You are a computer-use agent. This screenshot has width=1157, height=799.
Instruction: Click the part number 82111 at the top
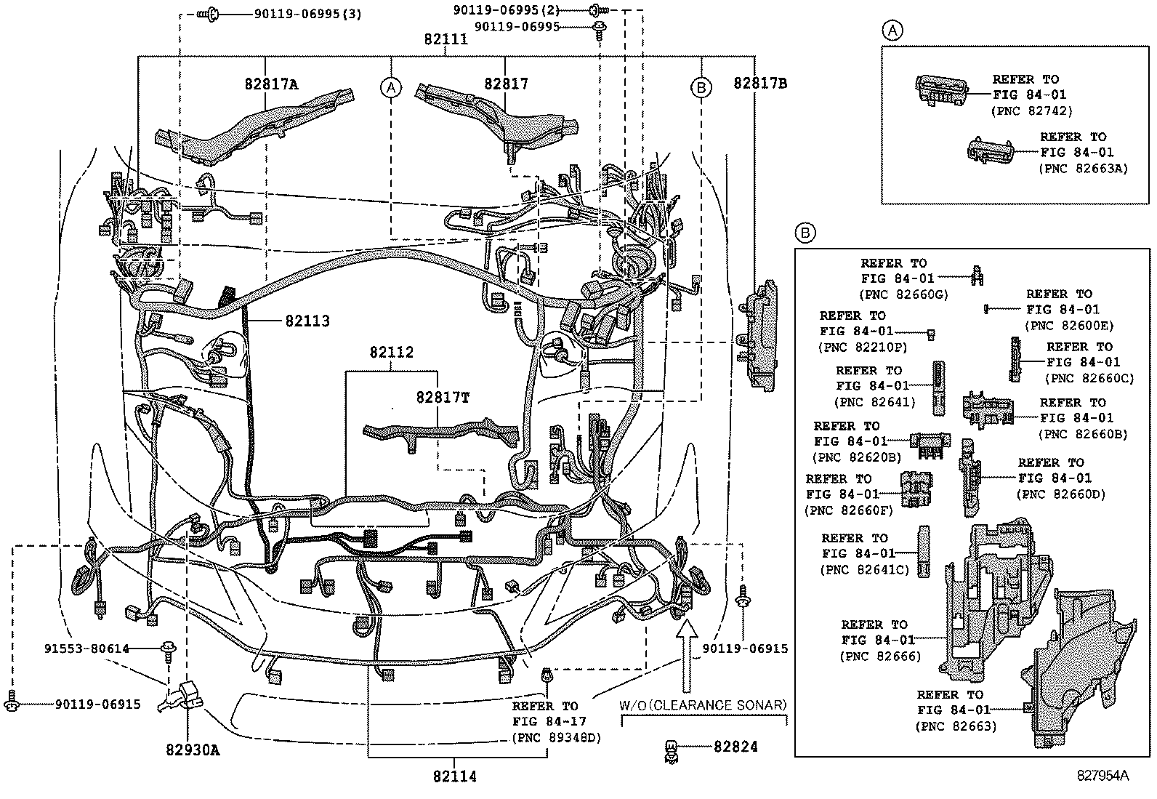[x=446, y=40]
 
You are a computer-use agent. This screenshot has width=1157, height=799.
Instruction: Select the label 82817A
[x=270, y=84]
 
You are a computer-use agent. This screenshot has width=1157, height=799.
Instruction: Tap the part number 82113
[x=307, y=321]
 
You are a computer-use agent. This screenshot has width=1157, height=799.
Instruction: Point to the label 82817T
[x=443, y=398]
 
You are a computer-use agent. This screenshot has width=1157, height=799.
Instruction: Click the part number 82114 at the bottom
[x=454, y=777]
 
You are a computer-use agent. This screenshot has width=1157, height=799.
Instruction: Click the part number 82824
[x=735, y=747]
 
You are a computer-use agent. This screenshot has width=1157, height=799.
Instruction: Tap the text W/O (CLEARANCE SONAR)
[x=703, y=705]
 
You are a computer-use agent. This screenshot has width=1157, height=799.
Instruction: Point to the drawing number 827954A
[x=1102, y=776]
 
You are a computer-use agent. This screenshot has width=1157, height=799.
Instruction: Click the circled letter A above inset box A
[x=892, y=30]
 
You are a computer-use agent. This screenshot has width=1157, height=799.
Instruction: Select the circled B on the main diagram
[x=700, y=87]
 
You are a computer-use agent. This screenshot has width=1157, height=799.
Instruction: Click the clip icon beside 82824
[x=672, y=750]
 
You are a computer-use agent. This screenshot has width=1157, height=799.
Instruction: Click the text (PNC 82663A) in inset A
[x=1082, y=169]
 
